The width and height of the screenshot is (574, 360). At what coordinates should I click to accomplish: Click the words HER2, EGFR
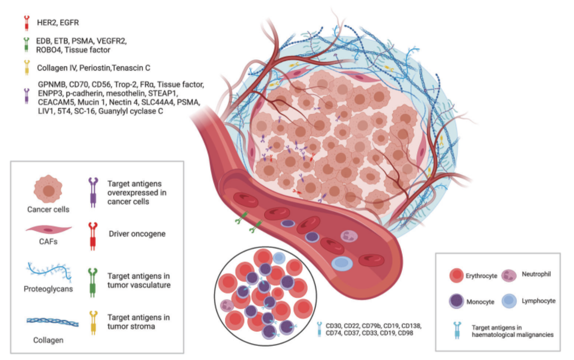pos(58,23)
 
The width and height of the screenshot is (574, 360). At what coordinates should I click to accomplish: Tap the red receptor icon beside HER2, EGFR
pos(27,23)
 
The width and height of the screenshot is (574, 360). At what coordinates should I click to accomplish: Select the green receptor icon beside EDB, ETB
pos(27,45)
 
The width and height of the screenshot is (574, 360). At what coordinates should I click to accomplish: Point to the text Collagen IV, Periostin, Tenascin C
pos(94,68)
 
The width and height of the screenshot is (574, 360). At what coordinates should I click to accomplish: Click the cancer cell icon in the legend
pos(48,189)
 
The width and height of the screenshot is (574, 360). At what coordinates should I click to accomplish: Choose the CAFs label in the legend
pos(48,241)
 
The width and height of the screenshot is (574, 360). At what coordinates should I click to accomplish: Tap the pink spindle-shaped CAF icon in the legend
pos(49,230)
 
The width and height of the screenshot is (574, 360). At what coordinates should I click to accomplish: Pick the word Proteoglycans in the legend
pos(48,289)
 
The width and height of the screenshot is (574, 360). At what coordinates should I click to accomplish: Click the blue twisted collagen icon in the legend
pos(53,322)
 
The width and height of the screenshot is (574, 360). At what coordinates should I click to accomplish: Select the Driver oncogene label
pos(137,233)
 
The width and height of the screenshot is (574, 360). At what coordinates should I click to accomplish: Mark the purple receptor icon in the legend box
pos(94,192)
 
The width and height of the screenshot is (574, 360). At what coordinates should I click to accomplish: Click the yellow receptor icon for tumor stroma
pos(94,323)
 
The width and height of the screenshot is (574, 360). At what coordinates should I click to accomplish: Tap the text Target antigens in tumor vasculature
pos(139,281)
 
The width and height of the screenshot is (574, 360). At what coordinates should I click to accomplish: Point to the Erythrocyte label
pos(482,276)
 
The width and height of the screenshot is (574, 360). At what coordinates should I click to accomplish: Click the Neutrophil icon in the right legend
pos(509,275)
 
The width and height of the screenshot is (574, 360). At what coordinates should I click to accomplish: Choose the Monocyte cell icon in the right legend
pos(457,301)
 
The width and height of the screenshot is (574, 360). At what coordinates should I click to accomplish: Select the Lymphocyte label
pos(538,300)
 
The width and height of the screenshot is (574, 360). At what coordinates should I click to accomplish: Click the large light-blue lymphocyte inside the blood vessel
pos(342,264)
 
